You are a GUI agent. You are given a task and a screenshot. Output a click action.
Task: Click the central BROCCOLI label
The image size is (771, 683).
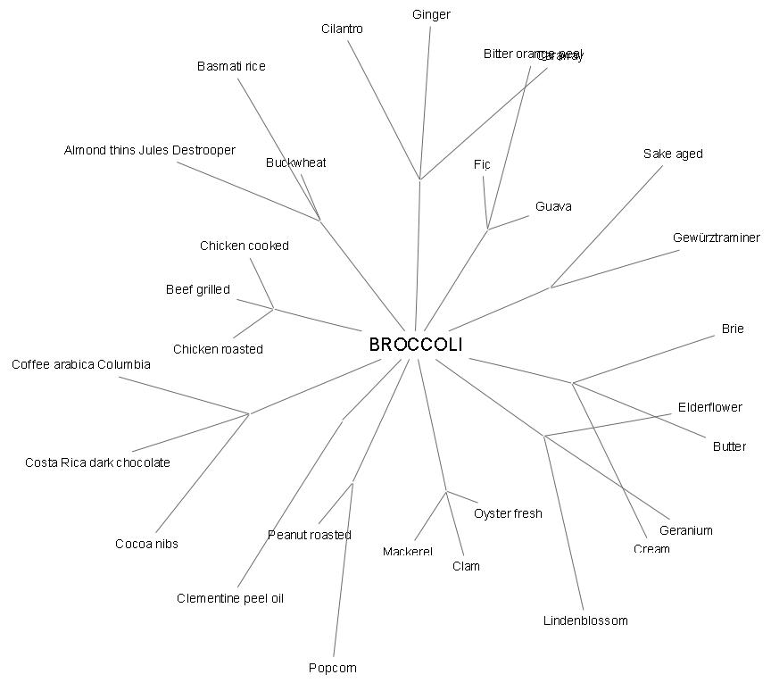[416, 345]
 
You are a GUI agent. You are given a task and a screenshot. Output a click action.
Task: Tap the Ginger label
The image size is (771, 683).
[431, 14]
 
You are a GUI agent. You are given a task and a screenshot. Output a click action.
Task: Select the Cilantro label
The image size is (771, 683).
[342, 29]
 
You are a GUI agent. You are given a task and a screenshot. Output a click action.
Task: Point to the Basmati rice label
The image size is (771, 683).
[231, 66]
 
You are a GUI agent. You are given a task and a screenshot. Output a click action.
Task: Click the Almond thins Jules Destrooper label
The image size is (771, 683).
[150, 150]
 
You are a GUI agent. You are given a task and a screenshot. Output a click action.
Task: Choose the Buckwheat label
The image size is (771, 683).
[295, 162]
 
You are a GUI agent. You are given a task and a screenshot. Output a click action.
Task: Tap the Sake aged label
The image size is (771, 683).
[673, 154]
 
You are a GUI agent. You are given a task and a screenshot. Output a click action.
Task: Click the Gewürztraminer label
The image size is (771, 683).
[717, 237]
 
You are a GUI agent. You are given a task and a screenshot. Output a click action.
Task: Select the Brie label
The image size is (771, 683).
[733, 329]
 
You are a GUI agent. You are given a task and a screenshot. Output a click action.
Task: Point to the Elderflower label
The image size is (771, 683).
[709, 407]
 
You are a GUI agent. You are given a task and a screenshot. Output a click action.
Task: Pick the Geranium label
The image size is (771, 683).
[686, 530]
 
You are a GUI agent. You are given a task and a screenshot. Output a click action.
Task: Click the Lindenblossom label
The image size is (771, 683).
[585, 621]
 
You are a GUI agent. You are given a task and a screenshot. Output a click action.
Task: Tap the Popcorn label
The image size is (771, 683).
[332, 668]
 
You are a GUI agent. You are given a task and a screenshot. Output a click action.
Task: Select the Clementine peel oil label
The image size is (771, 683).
[230, 598]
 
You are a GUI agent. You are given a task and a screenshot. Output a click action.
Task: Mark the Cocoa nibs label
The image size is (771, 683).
[146, 544]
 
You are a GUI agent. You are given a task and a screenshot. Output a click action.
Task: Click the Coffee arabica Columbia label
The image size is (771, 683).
[81, 364]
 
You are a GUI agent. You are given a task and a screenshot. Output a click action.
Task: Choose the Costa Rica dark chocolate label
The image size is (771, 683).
[97, 462]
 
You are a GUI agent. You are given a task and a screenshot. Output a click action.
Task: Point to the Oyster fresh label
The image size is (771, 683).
[508, 513]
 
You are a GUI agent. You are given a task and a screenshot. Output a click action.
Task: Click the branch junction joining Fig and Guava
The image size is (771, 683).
[487, 229]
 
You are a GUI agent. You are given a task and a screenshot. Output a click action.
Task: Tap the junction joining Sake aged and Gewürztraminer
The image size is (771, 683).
[551, 287]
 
